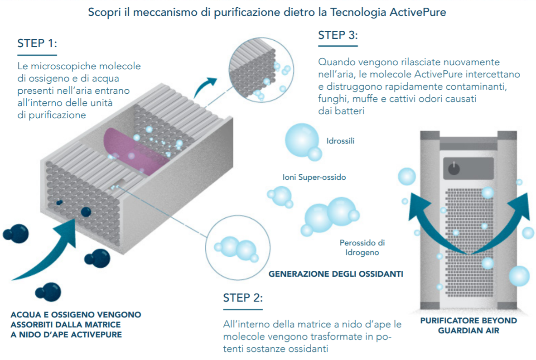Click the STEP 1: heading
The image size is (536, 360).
(37, 43)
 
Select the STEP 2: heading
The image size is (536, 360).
(243, 298)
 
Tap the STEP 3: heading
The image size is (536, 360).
(338, 35)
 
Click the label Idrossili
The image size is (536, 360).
(340, 141)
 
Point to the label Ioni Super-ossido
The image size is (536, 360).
(314, 177)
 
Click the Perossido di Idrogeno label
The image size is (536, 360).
(362, 248)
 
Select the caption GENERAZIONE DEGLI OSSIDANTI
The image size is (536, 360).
(336, 274)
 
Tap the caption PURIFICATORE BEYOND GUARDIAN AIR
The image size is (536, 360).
(468, 326)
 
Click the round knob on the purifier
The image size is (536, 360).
(454, 168)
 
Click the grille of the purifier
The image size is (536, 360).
(469, 243)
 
